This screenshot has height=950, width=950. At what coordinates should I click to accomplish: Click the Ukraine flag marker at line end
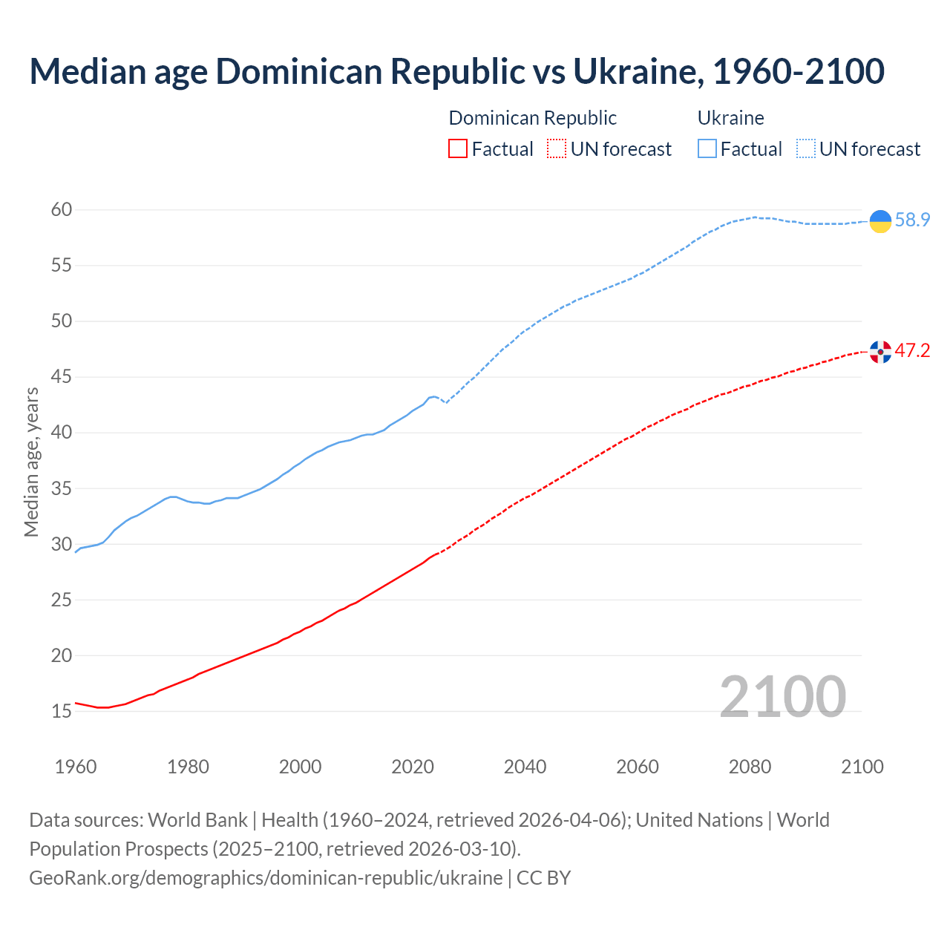(880, 221)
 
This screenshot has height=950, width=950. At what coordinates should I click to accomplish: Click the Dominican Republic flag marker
(880, 352)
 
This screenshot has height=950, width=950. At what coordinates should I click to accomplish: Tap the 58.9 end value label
(912, 220)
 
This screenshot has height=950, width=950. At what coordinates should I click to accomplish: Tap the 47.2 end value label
(912, 351)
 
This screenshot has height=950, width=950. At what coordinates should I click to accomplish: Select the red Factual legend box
(458, 149)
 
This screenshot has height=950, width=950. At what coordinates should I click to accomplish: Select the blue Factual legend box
(707, 149)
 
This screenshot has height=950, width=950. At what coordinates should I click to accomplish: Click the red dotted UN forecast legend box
(557, 149)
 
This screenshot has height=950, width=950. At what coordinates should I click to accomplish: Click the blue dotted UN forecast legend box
(806, 149)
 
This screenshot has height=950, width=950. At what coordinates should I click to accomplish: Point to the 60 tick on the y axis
(62, 210)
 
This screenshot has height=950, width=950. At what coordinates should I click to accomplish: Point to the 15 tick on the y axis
(62, 712)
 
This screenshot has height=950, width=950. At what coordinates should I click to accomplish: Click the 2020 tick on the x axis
(413, 767)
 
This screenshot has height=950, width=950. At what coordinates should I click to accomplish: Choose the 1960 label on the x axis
(76, 767)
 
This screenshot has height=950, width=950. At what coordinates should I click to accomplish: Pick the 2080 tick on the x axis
(750, 767)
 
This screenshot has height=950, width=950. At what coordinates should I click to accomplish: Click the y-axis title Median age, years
(31, 462)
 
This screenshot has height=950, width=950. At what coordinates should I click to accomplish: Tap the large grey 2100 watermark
(782, 697)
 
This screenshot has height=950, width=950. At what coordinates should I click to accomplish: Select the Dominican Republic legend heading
(532, 118)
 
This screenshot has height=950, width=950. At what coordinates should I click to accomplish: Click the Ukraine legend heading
(730, 118)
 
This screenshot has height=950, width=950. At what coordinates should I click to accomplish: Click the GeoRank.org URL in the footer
(266, 878)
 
